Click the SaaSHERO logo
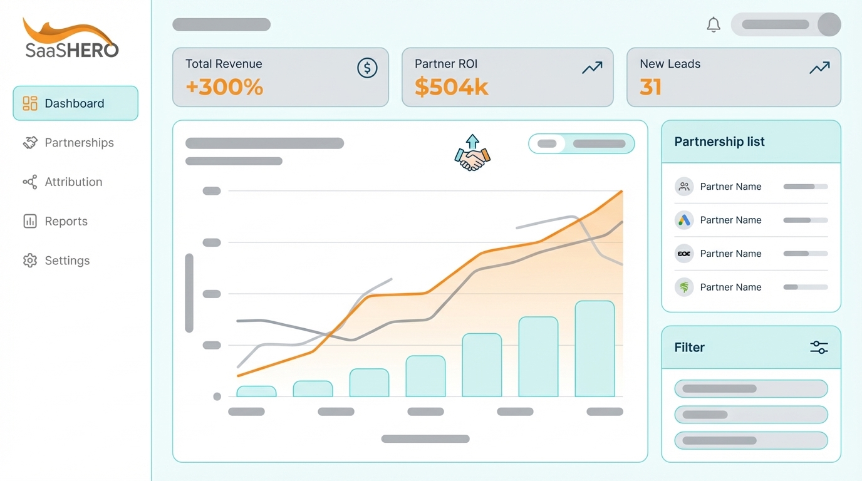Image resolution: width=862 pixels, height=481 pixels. pyautogui.click(x=71, y=39)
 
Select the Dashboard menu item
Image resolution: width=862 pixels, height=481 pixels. pyautogui.click(x=75, y=103)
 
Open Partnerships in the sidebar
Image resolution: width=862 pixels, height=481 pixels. pyautogui.click(x=79, y=143)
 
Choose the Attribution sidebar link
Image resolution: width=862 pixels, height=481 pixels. pyautogui.click(x=73, y=182)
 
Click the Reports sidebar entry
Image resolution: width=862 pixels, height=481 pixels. pyautogui.click(x=66, y=221)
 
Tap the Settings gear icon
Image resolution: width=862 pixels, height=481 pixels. pyautogui.click(x=30, y=261)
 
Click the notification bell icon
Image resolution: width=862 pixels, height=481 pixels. pyautogui.click(x=714, y=24)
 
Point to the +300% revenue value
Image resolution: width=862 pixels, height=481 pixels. pyautogui.click(x=224, y=87)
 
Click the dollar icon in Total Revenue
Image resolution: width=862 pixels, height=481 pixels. pyautogui.click(x=367, y=68)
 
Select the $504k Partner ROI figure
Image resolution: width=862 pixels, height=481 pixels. pyautogui.click(x=451, y=87)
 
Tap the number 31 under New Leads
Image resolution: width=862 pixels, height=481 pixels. pyautogui.click(x=650, y=87)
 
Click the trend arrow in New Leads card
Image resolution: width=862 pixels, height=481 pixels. pyautogui.click(x=819, y=68)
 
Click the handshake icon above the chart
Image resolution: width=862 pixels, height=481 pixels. pyautogui.click(x=472, y=153)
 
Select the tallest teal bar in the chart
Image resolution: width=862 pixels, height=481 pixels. pyautogui.click(x=595, y=349)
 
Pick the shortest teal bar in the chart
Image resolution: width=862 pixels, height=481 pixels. pyautogui.click(x=256, y=391)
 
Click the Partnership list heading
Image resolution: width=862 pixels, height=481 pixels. pyautogui.click(x=719, y=142)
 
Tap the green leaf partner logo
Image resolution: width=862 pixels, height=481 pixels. pyautogui.click(x=684, y=287)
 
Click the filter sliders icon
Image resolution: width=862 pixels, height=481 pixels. pyautogui.click(x=819, y=348)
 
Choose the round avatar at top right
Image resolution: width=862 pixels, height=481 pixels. pyautogui.click(x=829, y=24)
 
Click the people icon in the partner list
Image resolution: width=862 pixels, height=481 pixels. pyautogui.click(x=684, y=187)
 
